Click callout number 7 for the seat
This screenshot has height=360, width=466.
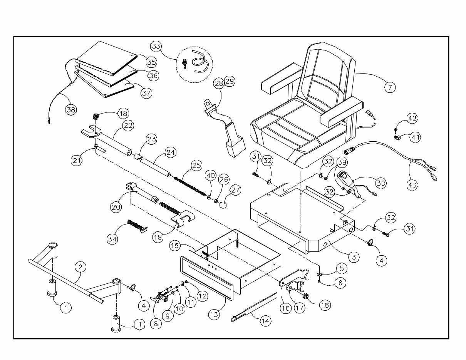390,87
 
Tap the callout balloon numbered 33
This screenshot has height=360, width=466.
156,47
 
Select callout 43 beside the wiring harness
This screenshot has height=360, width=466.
412,185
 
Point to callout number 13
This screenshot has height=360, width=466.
214,314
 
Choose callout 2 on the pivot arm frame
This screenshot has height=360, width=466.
80,267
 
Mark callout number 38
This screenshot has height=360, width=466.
71,109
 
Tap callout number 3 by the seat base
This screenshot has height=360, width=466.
354,256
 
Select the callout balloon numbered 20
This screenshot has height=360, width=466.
116,207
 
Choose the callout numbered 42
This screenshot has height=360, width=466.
412,119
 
